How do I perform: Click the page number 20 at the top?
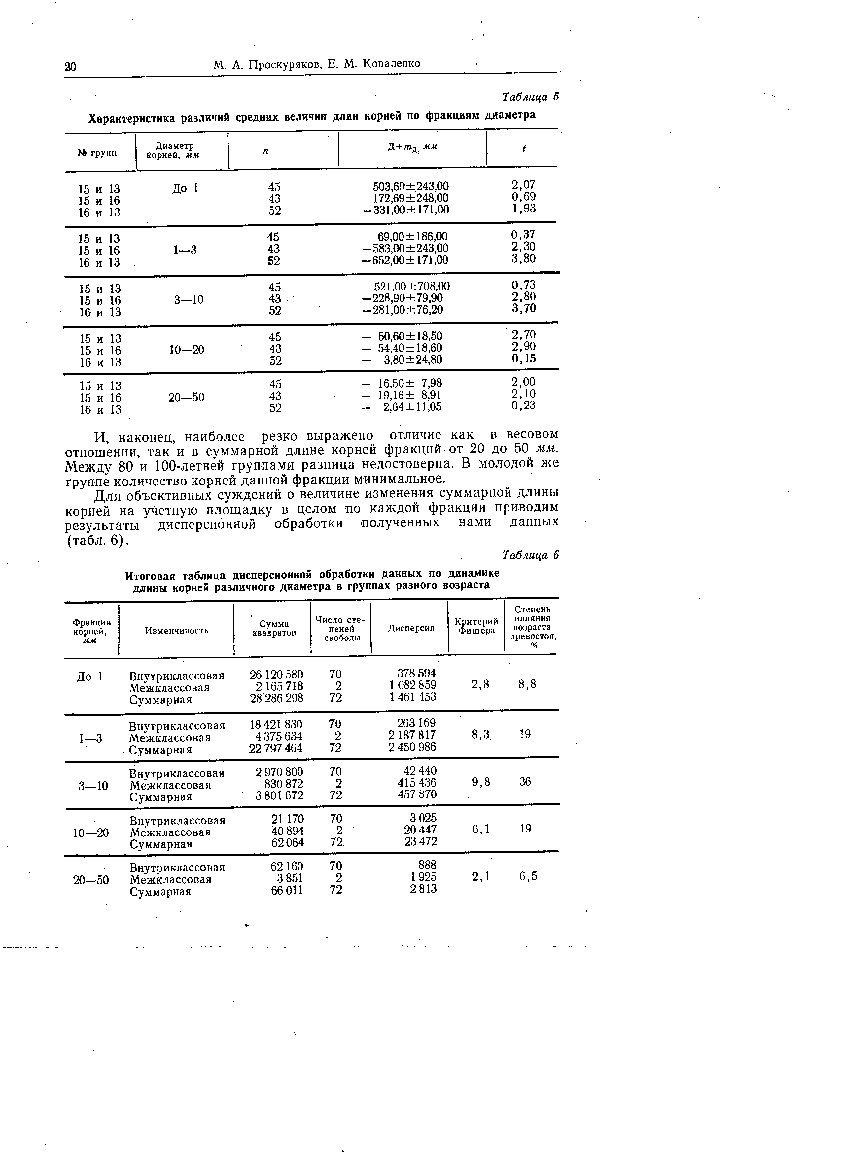(x=70, y=66)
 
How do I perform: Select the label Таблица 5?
(x=531, y=97)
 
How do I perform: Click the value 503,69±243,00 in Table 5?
(x=410, y=186)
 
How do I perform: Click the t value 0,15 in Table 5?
(x=523, y=358)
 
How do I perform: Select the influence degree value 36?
(x=525, y=781)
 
